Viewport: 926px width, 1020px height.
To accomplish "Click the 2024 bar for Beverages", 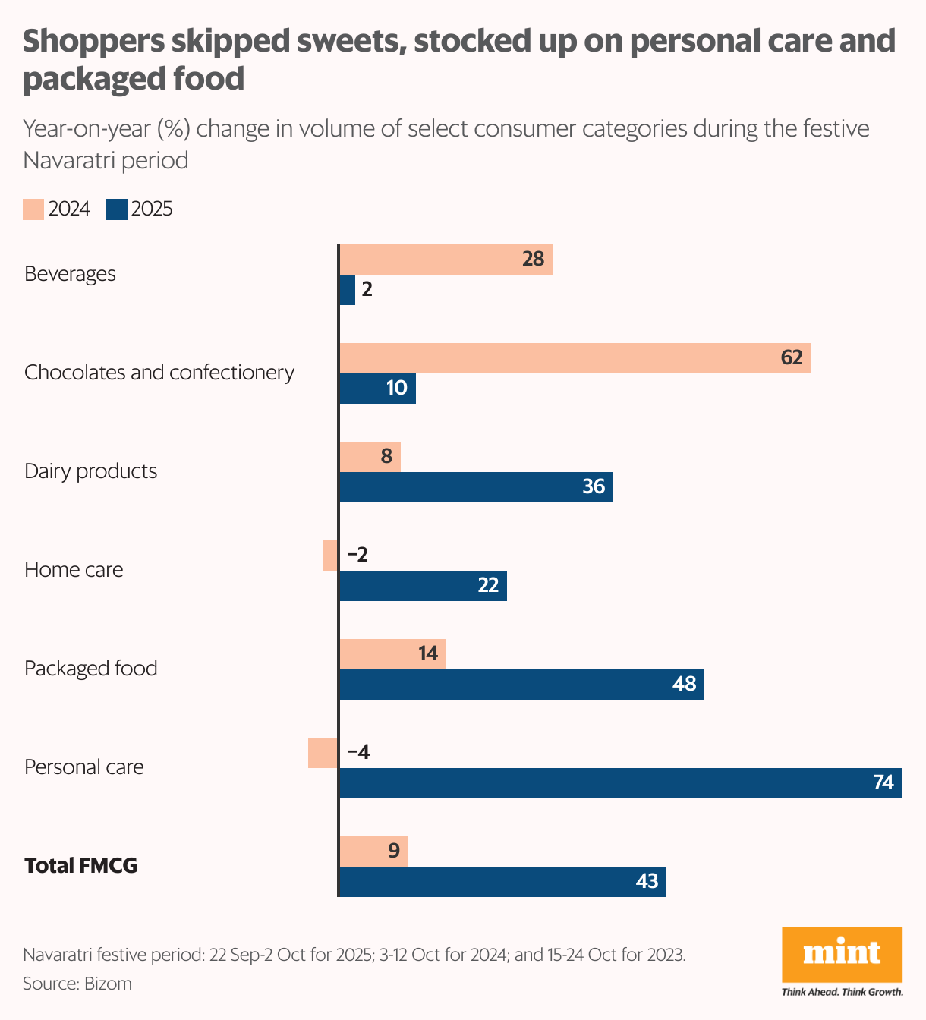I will click(x=446, y=260).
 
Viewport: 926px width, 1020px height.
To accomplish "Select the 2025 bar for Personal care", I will click(x=619, y=783).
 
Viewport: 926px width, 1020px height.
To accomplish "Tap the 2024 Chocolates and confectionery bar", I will click(x=575, y=358).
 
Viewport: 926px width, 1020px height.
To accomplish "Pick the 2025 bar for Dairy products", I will click(x=476, y=487).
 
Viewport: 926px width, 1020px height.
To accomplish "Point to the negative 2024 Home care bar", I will click(x=331, y=556).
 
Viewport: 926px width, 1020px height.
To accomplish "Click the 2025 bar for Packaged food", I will click(x=521, y=685).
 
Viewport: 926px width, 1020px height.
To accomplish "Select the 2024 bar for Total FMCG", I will click(x=373, y=852).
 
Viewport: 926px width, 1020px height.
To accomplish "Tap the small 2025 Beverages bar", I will click(x=348, y=290).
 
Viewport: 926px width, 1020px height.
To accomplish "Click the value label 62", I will click(x=792, y=357).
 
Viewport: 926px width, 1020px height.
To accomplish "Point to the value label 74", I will click(x=883, y=782).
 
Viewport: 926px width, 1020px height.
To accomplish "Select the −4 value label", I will click(x=358, y=752).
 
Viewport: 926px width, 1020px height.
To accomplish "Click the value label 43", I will click(x=647, y=881).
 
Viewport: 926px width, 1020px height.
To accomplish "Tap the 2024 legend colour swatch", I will click(x=33, y=209).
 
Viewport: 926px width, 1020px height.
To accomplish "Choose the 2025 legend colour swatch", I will click(x=117, y=209).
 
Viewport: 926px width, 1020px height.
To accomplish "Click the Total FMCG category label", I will click(x=81, y=866).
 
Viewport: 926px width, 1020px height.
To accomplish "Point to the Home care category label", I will click(x=74, y=570).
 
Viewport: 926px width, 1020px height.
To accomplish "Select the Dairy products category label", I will click(x=91, y=471).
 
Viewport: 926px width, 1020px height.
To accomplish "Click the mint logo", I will click(x=842, y=954).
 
